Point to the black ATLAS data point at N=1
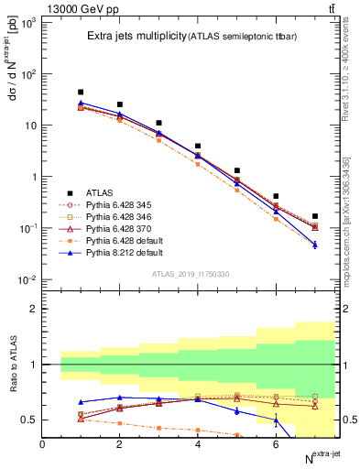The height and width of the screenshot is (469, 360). [81, 92]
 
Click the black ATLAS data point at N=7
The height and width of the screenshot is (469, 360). [315, 216]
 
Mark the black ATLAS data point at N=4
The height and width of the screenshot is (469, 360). [198, 146]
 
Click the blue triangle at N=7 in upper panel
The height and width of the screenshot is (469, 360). [315, 245]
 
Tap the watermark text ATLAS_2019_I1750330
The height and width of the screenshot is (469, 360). [191, 274]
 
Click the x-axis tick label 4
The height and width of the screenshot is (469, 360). [198, 444]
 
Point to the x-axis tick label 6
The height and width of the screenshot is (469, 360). [276, 444]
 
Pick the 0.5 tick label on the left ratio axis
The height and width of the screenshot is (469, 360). [33, 420]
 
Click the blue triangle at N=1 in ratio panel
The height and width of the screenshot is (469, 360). [81, 402]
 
